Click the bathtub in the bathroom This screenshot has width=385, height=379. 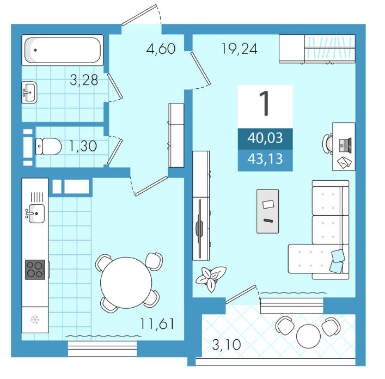click(63, 50)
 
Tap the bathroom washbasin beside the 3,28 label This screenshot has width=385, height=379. click(29, 93)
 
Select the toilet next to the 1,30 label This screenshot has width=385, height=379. click(48, 146)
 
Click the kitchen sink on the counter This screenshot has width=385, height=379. click(35, 213)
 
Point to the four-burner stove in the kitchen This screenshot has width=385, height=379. click(35, 270)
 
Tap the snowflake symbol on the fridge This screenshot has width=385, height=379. click(35, 320)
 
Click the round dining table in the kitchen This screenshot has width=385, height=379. click(126, 283)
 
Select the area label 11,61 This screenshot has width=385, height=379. click(157, 324)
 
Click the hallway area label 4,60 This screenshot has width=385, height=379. click(161, 48)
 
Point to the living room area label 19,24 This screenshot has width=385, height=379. click(240, 48)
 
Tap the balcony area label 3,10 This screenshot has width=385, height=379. click(227, 345)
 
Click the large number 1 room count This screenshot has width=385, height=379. click(265, 103)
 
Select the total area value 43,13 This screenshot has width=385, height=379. click(265, 159)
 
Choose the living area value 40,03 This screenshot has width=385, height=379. click(265, 138)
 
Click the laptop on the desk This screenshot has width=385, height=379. click(345, 145)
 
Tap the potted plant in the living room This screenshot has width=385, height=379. click(211, 278)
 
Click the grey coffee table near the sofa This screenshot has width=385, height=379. click(267, 211)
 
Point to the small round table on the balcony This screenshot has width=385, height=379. click(308, 336)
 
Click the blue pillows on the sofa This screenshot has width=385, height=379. click(337, 261)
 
